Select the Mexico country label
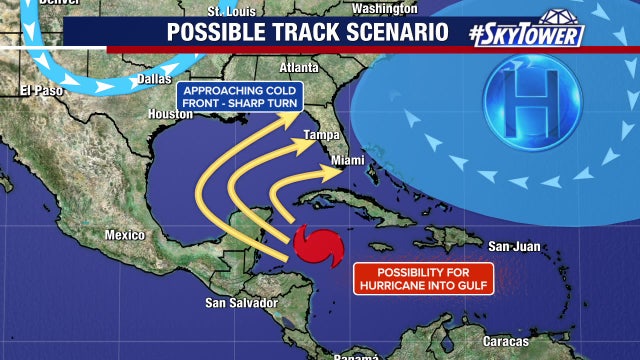point(126,235)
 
